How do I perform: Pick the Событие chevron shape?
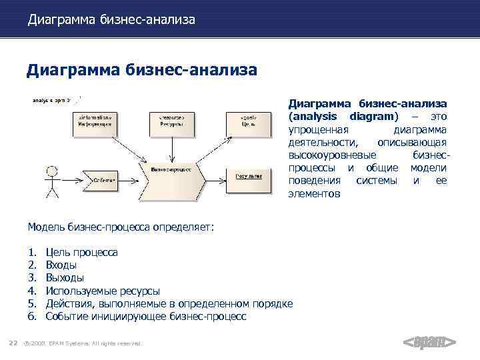pyautogui.click(x=99, y=180)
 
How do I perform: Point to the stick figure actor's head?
pyautogui.click(x=49, y=169)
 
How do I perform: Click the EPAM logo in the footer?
pyautogui.click(x=429, y=343)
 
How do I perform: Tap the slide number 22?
pyautogui.click(x=12, y=343)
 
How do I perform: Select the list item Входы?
pyautogui.click(x=65, y=265)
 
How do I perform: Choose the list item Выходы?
pyautogui.click(x=65, y=278)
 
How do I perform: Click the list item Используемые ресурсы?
pyautogui.click(x=102, y=291)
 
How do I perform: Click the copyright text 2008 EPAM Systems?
pyautogui.click(x=84, y=343)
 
